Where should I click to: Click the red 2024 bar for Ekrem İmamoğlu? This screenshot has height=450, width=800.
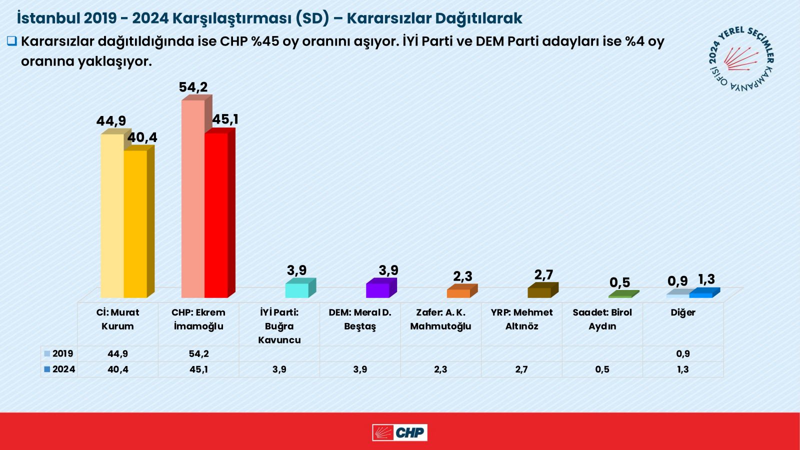[216, 215]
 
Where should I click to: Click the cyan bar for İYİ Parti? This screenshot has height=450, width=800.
[297, 290]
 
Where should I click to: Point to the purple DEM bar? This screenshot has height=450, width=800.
[378, 290]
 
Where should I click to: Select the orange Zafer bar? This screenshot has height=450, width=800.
[458, 293]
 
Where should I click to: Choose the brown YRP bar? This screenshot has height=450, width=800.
[539, 292]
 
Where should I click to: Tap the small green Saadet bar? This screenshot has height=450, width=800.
[620, 296]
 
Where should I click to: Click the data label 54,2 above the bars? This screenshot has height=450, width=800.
[193, 87]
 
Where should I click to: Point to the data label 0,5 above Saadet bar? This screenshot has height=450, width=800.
[619, 282]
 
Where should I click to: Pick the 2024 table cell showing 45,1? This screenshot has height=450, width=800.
[198, 369]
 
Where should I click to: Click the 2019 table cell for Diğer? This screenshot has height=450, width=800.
[682, 353]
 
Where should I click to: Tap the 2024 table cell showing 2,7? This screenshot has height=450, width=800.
[521, 369]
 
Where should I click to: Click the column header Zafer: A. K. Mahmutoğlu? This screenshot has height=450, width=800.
[440, 319]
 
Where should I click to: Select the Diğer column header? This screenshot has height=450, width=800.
[682, 312]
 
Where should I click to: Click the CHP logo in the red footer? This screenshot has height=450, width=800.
[399, 432]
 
